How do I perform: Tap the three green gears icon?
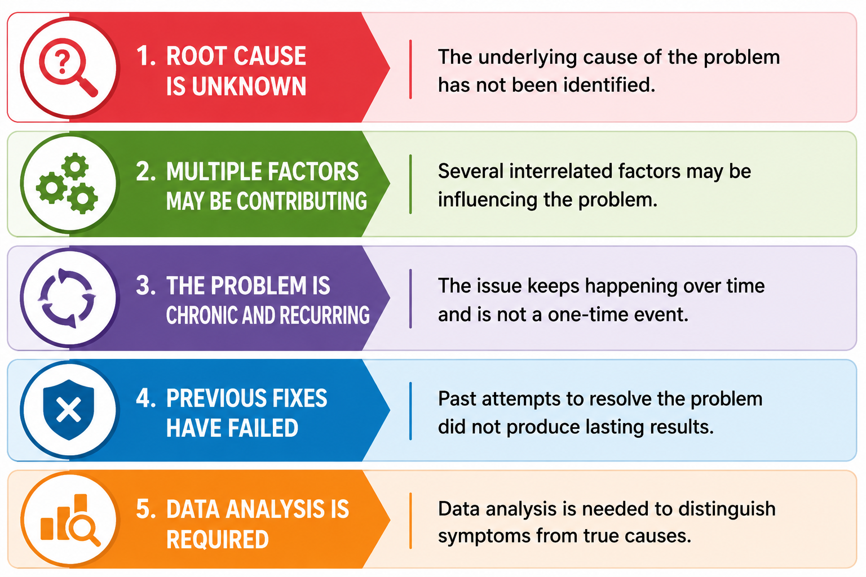(x=67, y=183)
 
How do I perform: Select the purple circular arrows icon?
(x=67, y=298)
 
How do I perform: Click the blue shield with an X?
(x=68, y=410)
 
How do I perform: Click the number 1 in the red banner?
(x=146, y=56)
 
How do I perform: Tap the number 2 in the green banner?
(x=146, y=171)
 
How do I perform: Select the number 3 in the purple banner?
(x=146, y=286)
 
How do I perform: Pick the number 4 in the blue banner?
(x=146, y=398)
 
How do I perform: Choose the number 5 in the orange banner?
(x=146, y=509)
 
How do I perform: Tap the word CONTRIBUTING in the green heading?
(x=302, y=201)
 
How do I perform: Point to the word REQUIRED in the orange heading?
(x=218, y=539)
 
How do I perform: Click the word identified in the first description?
(x=609, y=85)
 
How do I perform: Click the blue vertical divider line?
(x=410, y=411)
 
